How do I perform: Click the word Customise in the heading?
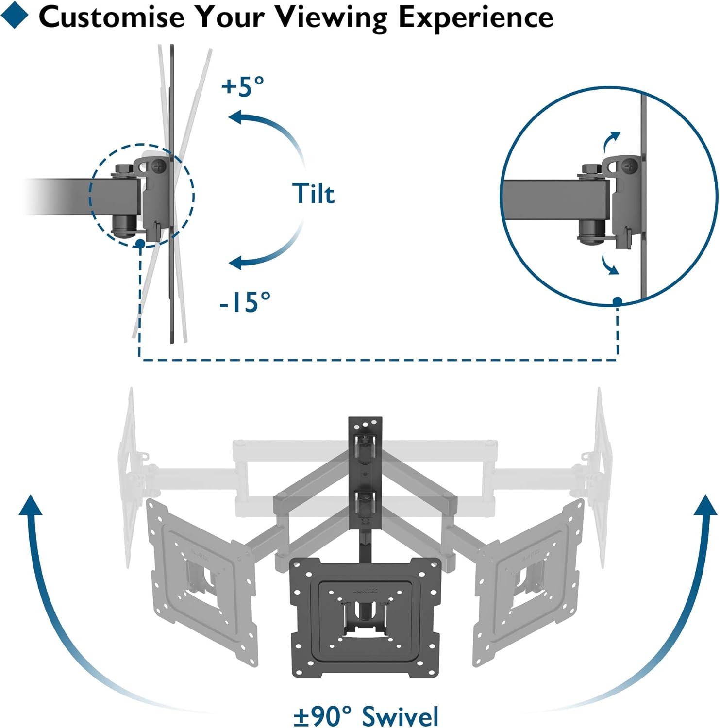[111, 17]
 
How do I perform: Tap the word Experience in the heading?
[476, 17]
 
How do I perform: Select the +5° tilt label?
[243, 86]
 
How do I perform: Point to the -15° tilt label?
[245, 302]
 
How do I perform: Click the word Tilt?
[314, 194]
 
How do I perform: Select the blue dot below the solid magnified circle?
[618, 301]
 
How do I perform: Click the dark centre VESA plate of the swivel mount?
[365, 616]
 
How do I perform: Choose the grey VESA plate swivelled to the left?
[204, 582]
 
